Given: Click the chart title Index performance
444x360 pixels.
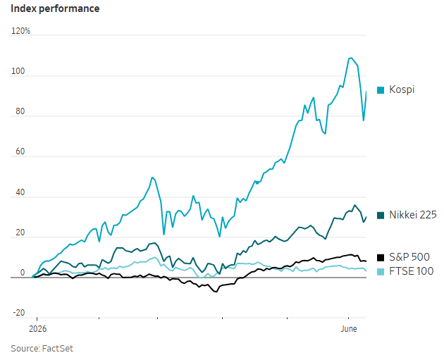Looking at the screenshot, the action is coord(55,8).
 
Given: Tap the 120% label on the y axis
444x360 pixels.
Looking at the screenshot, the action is coord(20,31).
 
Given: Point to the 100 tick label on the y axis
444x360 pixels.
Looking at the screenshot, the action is coord(18,71).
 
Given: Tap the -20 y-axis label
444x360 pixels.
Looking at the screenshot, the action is coord(19,313).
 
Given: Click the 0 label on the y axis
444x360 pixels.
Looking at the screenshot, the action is coord(23,273).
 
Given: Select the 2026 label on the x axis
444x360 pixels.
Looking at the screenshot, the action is coord(37,329).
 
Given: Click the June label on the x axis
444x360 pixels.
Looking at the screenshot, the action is coord(349,329).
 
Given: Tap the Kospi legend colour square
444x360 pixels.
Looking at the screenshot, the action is coord(381,90).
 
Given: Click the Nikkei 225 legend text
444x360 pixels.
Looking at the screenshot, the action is coord(413,215).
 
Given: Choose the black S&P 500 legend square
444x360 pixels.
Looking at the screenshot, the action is coord(381,258).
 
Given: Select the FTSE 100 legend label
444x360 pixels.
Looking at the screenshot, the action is coord(411,271).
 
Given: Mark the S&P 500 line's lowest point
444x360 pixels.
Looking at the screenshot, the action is coord(216,292).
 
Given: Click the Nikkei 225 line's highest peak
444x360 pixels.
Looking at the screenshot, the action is coord(354,205).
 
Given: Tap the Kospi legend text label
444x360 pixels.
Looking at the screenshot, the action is coord(402,89).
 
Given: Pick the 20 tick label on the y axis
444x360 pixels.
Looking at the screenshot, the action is coord(20,232).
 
